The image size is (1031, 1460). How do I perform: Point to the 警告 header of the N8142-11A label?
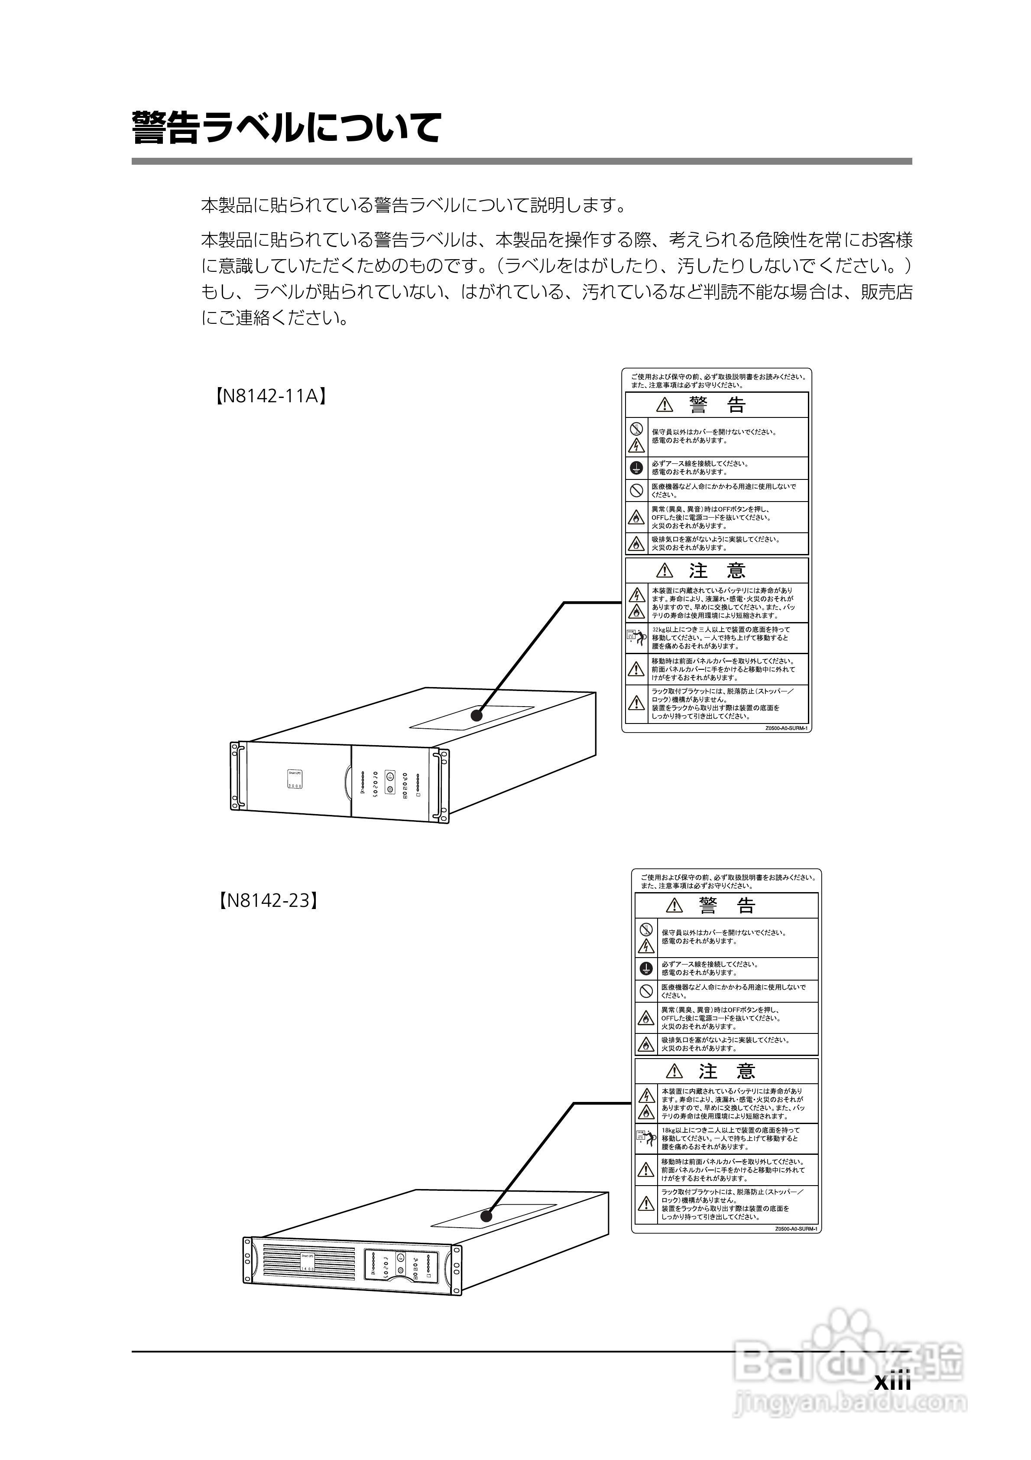coord(717,405)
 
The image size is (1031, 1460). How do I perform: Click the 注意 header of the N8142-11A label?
coord(717,570)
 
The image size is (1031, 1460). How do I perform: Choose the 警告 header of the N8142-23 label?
coord(726,906)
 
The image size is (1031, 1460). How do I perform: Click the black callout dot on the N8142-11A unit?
coord(477,715)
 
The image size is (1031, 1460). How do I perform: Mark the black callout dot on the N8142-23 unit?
coord(486,1216)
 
